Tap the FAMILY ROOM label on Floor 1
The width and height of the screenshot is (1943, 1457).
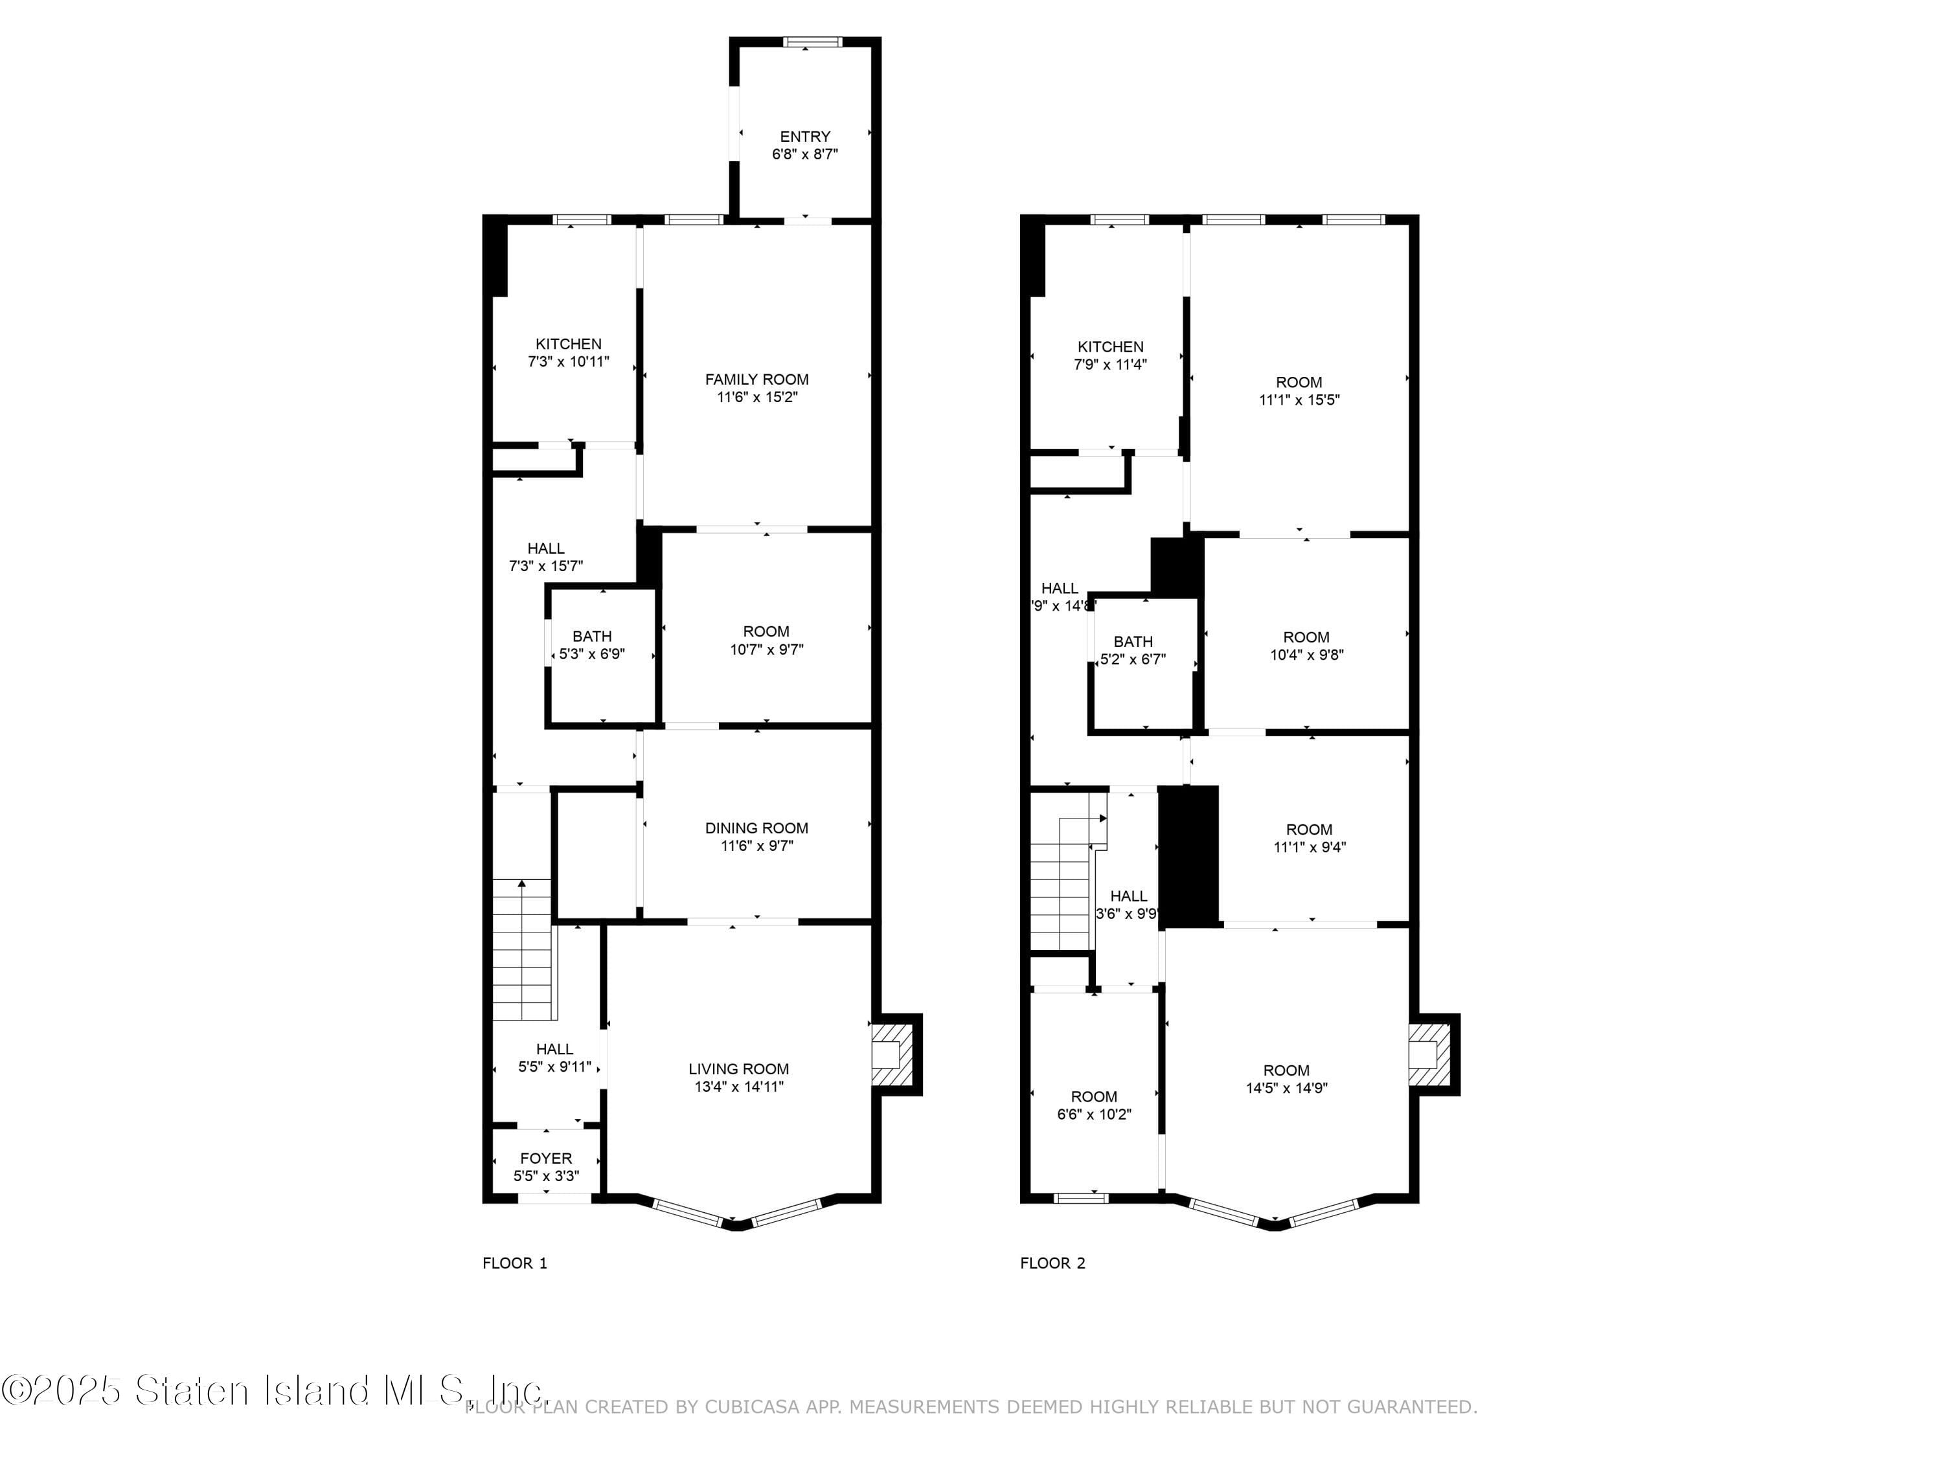pos(756,379)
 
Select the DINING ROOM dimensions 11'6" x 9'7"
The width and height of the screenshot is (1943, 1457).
pos(756,846)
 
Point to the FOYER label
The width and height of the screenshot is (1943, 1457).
pos(545,1158)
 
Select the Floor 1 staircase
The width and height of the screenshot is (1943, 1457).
pos(523,949)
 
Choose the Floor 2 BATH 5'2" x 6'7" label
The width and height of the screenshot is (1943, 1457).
pos(1133,650)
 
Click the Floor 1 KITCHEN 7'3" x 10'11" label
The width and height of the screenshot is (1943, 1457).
pos(568,352)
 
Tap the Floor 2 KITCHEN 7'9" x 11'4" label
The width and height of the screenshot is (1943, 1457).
pos(1110,355)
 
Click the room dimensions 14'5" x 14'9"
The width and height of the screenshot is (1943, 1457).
pos(1286,1088)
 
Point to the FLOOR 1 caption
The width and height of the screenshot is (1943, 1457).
pos(515,1263)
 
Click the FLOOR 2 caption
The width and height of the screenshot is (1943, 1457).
pos(1052,1263)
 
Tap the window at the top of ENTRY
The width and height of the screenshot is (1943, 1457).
pos(813,41)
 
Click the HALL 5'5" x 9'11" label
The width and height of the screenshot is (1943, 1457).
pos(554,1058)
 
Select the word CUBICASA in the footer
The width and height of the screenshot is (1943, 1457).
pos(752,1407)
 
